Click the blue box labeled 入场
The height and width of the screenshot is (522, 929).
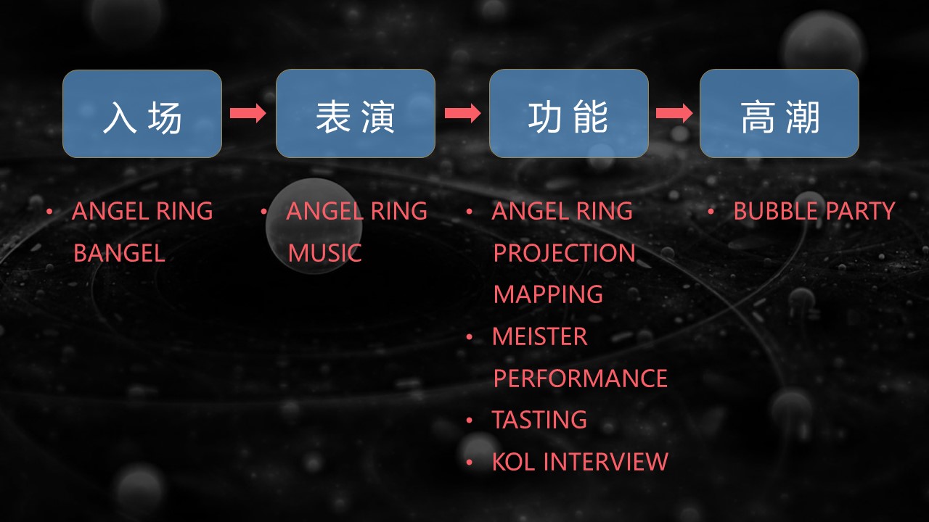pos(142,114)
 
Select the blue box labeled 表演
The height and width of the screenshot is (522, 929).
pos(356,114)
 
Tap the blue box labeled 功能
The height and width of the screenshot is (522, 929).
pos(569,114)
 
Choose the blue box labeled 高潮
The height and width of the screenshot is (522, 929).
pos(779,114)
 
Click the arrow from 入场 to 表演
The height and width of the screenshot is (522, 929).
pos(248,113)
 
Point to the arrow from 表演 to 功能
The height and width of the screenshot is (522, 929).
pos(462,113)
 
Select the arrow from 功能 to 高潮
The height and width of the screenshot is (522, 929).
pos(674,113)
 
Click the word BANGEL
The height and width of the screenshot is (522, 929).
pos(120,253)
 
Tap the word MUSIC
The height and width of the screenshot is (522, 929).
pos(324,253)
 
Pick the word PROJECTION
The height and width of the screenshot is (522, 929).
pos(565,253)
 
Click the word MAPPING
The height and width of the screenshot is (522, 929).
pos(548,295)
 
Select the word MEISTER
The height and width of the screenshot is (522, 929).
pos(540,336)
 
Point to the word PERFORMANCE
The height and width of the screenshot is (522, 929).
pos(581,378)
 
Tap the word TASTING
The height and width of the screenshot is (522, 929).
pos(539,420)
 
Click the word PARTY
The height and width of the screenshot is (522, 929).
pos(861,211)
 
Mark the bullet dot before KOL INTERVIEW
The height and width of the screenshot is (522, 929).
pos(470,463)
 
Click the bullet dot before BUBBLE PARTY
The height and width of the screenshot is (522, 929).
pos(711,212)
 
